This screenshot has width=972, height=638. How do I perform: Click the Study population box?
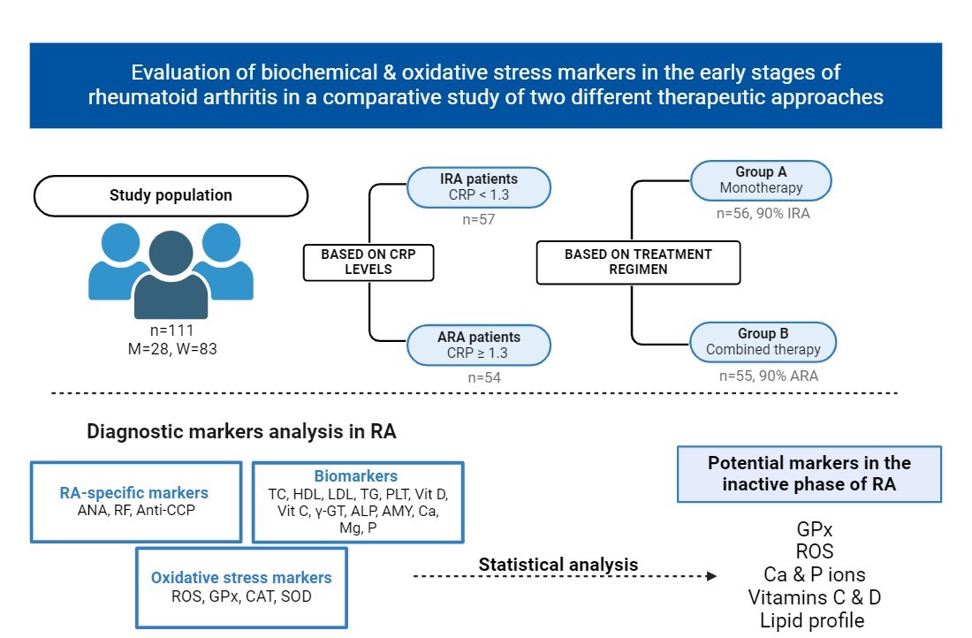click(171, 195)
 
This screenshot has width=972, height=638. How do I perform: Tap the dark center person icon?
click(171, 274)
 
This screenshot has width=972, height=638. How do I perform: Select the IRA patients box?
click(478, 187)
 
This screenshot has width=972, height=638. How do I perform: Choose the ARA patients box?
click(478, 345)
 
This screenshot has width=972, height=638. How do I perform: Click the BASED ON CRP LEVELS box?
click(367, 262)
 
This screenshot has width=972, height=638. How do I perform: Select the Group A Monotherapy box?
click(760, 179)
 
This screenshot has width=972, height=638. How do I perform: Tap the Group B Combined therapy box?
click(763, 341)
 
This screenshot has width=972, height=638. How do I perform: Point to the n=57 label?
click(478, 218)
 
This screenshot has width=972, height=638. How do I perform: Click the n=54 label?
click(478, 377)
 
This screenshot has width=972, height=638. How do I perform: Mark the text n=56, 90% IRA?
click(763, 213)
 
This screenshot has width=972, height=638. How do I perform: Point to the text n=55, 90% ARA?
click(768, 376)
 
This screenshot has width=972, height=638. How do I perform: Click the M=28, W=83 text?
click(171, 349)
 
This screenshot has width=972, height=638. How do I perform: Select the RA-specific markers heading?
click(134, 492)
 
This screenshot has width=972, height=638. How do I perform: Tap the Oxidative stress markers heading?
click(241, 578)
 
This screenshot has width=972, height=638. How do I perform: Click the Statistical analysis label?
click(558, 564)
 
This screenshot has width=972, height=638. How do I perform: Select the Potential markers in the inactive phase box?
click(809, 474)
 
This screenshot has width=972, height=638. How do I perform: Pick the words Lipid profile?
click(812, 620)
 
